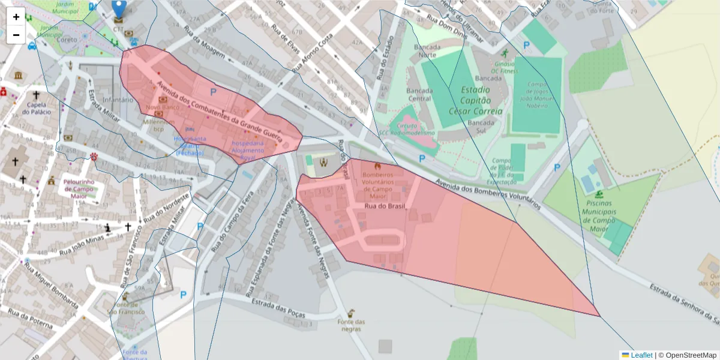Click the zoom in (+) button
pos(16,17)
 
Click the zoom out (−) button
pos(16,35)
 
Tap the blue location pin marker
pos(119,8)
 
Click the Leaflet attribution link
pos(641,355)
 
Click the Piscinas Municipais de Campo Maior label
pos(599,212)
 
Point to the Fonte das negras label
pos(351,325)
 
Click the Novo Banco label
pos(159,107)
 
